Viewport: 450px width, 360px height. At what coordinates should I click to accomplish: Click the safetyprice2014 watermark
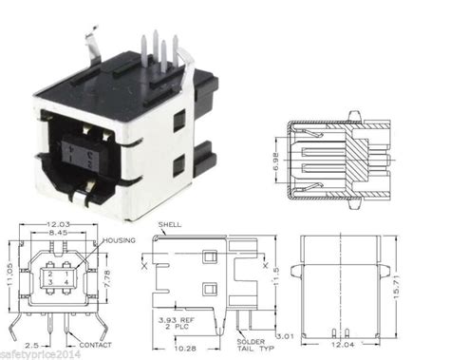coord(39,352)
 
